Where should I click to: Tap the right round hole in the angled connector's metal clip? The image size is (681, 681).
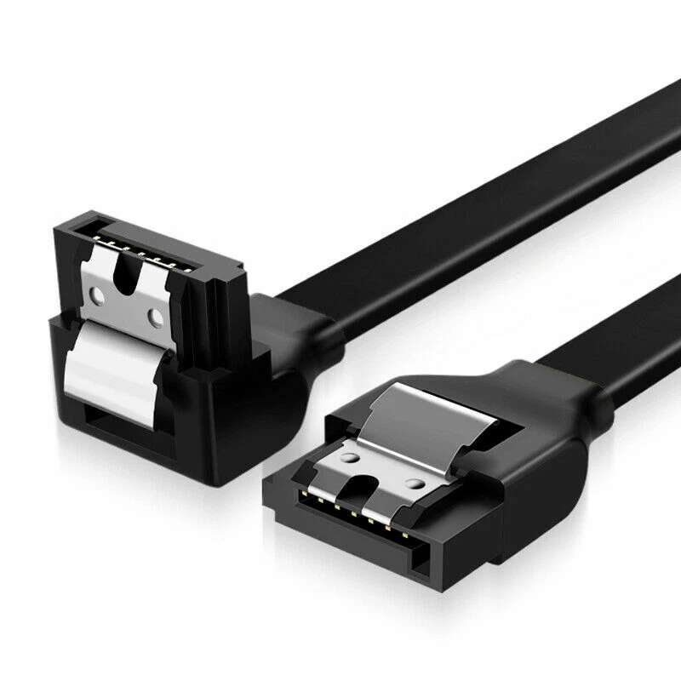click(x=157, y=320)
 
